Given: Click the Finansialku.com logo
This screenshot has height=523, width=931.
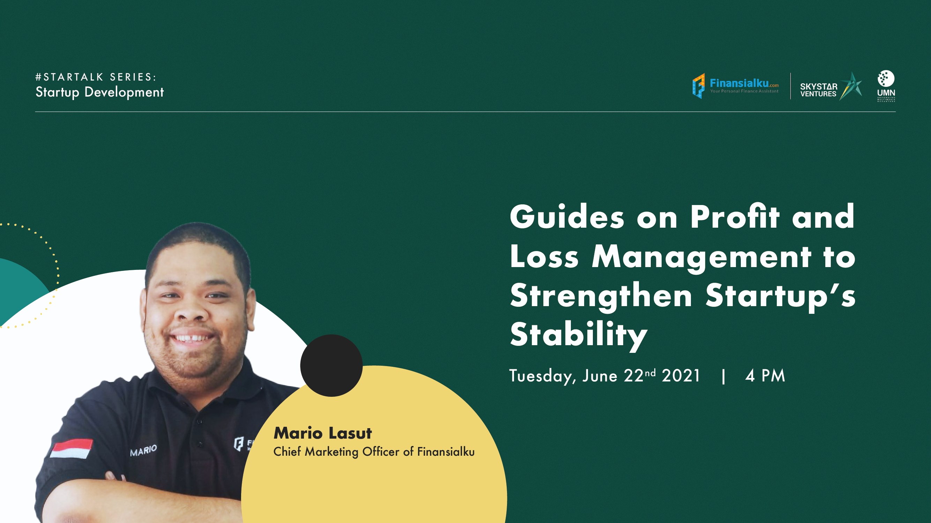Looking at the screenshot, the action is coord(735,86).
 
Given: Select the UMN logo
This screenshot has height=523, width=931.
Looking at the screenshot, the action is coord(886,86).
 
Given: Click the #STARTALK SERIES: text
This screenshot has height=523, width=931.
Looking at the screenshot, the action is coord(96,77).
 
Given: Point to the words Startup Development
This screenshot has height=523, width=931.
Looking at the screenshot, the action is coord(99,92).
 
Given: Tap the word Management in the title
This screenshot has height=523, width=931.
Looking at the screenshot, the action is coord(701,257).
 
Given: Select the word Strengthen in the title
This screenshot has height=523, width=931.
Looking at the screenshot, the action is coord(601,296).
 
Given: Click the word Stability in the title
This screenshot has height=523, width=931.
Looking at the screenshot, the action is coord(578,335).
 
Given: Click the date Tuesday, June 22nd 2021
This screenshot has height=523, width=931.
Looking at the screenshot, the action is coord(605,376).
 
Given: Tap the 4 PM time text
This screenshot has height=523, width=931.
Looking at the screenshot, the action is coord(765,376).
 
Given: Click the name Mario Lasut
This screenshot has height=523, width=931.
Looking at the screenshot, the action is coord(322,433).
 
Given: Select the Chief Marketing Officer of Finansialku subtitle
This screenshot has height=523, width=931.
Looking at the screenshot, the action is coord(374,452).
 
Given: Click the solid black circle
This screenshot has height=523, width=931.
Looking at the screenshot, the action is coord(331,365).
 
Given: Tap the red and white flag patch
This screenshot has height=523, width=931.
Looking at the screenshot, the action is coord(71,448).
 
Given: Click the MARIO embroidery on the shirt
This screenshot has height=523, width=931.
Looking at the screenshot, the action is coord(143,450).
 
